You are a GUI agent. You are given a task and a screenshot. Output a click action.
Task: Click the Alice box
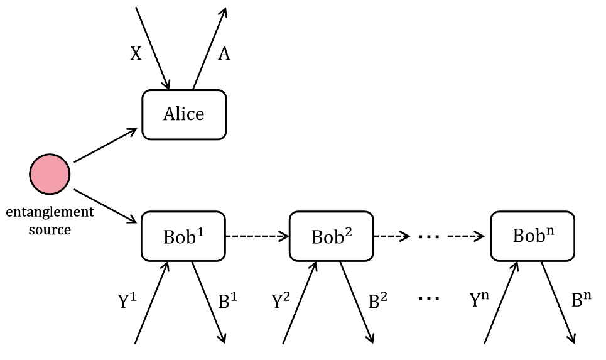click(x=184, y=114)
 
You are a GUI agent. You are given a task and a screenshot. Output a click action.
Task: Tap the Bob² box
click(x=331, y=237)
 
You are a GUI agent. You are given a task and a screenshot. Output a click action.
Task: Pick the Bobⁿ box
click(x=532, y=236)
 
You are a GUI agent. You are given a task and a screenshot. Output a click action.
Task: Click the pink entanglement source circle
click(x=50, y=174)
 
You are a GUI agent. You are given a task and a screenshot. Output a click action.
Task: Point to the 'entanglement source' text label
click(x=50, y=220)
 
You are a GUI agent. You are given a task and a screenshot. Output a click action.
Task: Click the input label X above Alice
click(x=136, y=54)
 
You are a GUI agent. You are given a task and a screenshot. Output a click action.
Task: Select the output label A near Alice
click(x=224, y=54)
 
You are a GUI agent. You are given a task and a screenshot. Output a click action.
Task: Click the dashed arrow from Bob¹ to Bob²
click(x=257, y=237)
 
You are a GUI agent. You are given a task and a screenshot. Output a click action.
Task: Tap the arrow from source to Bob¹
click(x=106, y=205)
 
